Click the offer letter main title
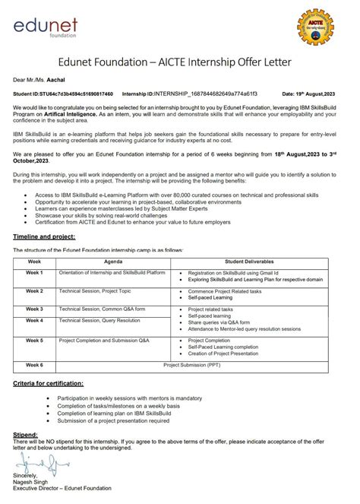click(x=180, y=62)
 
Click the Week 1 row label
click(x=35, y=272)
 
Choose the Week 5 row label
click(x=35, y=341)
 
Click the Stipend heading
click(x=26, y=433)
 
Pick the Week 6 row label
click(x=35, y=366)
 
